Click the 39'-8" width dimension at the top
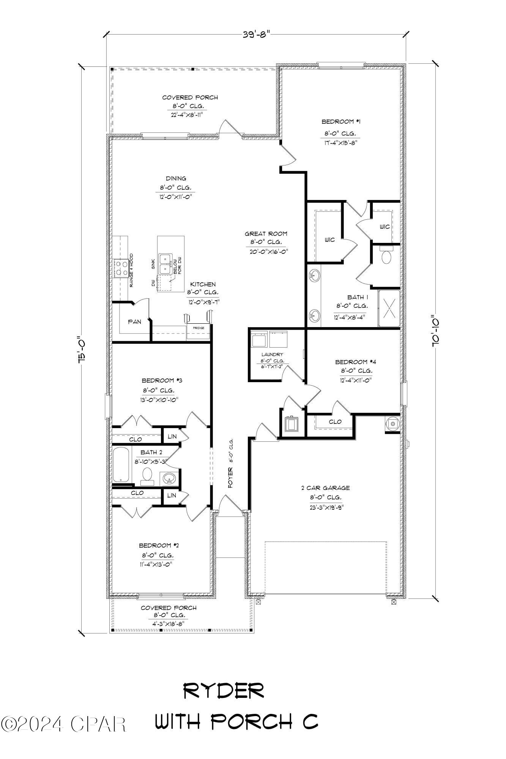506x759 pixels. pyautogui.click(x=256, y=34)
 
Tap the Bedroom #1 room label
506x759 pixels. pyautogui.click(x=340, y=122)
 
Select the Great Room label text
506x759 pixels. pyautogui.click(x=266, y=234)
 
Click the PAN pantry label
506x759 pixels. pyautogui.click(x=134, y=322)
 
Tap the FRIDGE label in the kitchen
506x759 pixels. pyautogui.click(x=199, y=328)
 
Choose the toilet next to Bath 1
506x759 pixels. pyautogui.click(x=386, y=257)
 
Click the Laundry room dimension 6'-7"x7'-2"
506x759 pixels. pyautogui.click(x=272, y=367)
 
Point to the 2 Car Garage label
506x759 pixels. pyautogui.click(x=325, y=488)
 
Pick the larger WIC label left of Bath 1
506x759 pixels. pyautogui.click(x=329, y=240)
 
